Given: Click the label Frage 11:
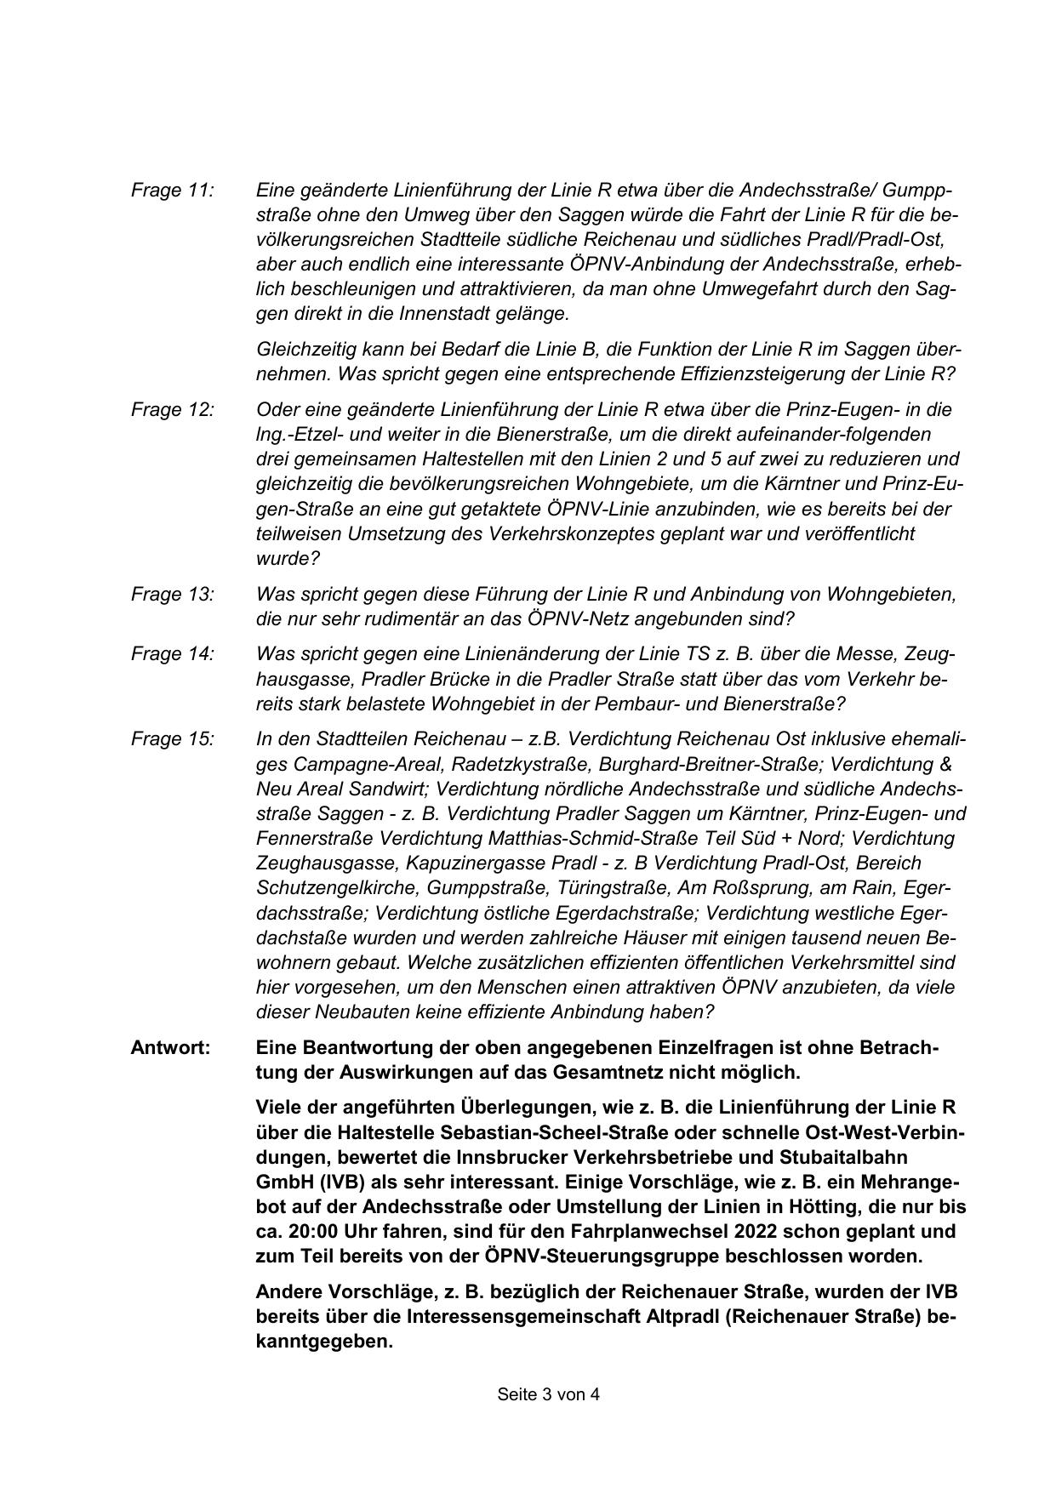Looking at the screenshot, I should click(x=172, y=190).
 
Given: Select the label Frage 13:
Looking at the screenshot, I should click(x=172, y=594).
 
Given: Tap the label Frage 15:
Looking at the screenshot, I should click(x=172, y=738).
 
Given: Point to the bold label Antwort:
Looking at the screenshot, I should click(x=170, y=1047).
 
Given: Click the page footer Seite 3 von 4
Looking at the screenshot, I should click(x=548, y=1394).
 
